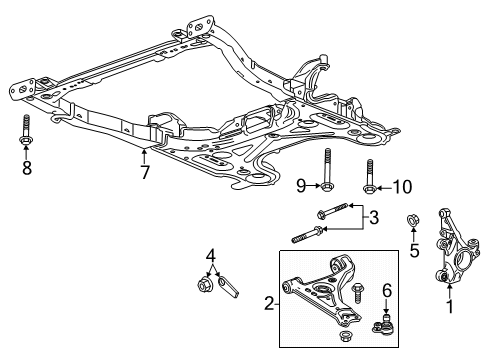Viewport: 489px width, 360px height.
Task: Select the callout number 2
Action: (x=269, y=303)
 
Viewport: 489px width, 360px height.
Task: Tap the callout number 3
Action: (x=373, y=217)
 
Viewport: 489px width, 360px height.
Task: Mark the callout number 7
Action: (x=145, y=172)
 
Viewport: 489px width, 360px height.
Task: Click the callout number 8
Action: (x=26, y=169)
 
